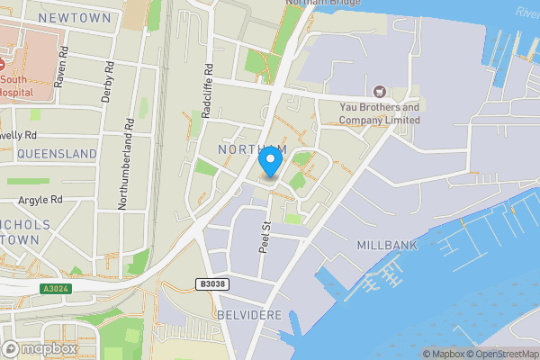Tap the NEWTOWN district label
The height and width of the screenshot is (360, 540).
click(75, 18)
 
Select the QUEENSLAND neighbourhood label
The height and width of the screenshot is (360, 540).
click(56, 154)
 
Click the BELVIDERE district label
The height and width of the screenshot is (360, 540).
click(249, 315)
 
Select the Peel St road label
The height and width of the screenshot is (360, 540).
click(265, 238)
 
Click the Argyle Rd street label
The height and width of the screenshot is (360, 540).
click(42, 199)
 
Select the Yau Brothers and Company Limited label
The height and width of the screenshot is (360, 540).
click(379, 113)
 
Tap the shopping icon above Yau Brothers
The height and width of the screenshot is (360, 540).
click(379, 91)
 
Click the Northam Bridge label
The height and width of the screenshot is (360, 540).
click(323, 4)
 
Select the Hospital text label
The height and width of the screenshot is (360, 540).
click(15, 91)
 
